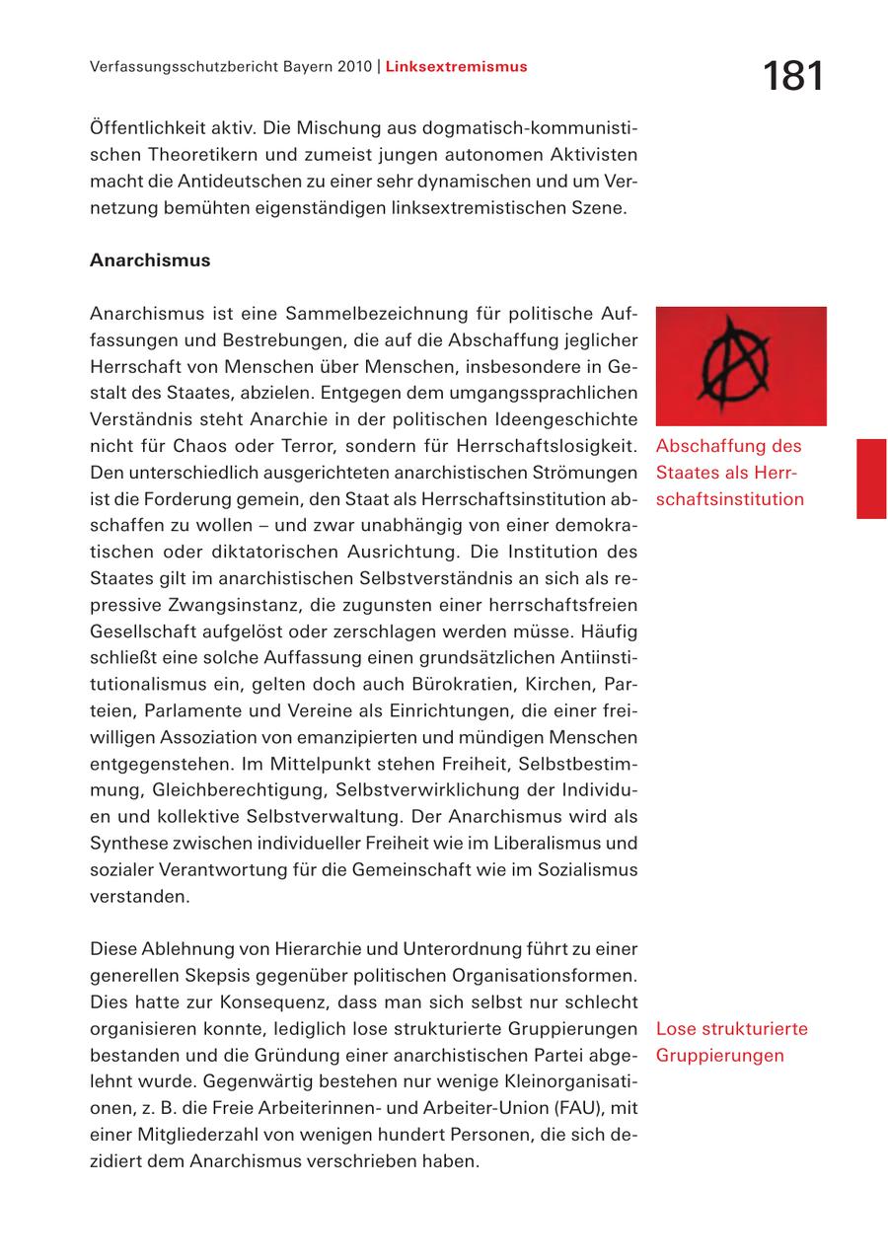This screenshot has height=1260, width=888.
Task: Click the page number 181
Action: pos(792,76)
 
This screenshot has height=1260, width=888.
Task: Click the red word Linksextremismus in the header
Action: pos(456,67)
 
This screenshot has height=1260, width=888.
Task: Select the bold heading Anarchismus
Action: pos(150,260)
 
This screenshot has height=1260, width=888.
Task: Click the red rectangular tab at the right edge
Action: pos(871,479)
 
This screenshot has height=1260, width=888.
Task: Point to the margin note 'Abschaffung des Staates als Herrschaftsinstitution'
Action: pos(730,473)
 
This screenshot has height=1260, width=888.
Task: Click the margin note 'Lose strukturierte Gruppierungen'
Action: pos(731,1042)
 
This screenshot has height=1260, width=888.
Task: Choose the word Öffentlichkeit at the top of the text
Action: pos(151,129)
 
